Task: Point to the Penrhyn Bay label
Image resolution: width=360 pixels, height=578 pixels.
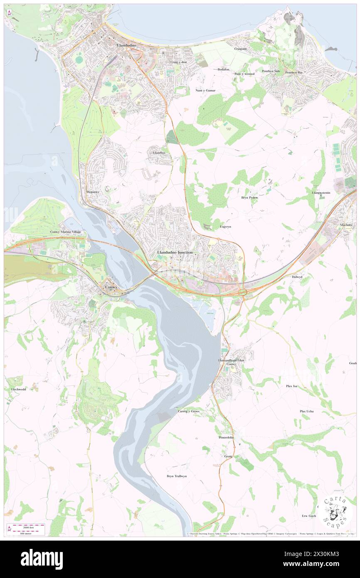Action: click(x=293, y=72)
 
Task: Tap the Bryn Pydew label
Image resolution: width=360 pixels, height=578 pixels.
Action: click(x=249, y=198)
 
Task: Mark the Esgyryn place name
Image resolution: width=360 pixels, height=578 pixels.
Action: click(x=225, y=227)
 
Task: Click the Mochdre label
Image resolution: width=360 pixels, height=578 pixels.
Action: click(x=346, y=225)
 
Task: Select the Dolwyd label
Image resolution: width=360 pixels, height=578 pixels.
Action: click(x=297, y=277)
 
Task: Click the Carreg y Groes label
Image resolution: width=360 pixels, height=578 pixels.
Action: click(x=189, y=411)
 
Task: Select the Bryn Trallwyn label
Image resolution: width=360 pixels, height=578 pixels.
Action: click(x=177, y=476)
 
